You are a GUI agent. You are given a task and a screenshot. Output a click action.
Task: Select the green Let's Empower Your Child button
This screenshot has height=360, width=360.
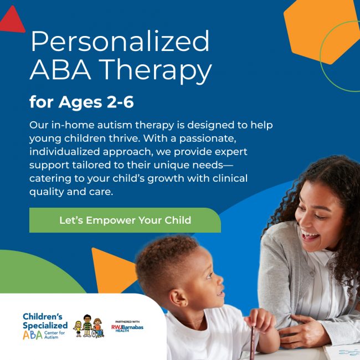125,220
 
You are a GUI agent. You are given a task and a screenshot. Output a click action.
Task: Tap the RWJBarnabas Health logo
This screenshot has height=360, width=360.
122,327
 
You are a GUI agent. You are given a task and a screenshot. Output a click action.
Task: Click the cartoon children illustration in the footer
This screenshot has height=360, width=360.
88,326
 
